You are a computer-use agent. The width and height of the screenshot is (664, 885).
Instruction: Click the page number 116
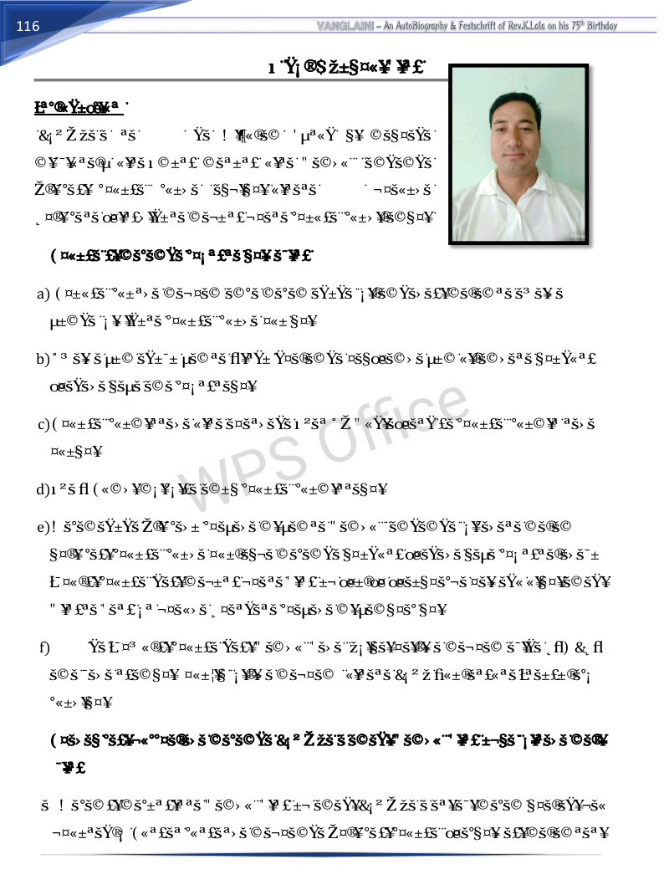point(28,26)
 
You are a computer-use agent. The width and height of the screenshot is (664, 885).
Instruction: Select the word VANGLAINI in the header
point(345,26)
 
